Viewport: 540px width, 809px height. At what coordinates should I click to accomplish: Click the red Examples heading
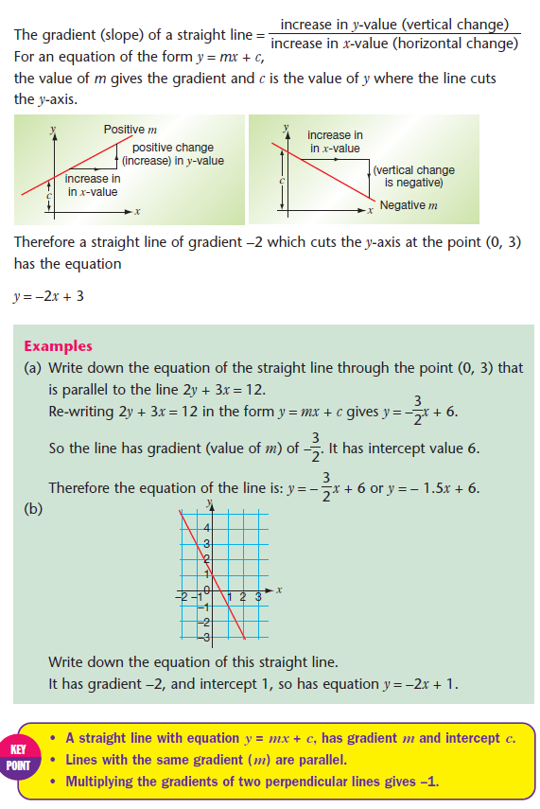58,346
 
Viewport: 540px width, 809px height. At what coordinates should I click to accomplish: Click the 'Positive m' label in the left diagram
131,129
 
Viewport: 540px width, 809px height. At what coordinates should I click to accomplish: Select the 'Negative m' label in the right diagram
409,205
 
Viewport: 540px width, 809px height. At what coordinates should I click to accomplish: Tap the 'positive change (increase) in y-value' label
172,154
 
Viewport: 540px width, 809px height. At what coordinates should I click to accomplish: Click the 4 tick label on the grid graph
204,527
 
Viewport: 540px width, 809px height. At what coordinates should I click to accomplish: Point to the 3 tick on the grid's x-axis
257,598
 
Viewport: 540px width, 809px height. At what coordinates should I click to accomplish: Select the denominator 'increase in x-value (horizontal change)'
394,43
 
